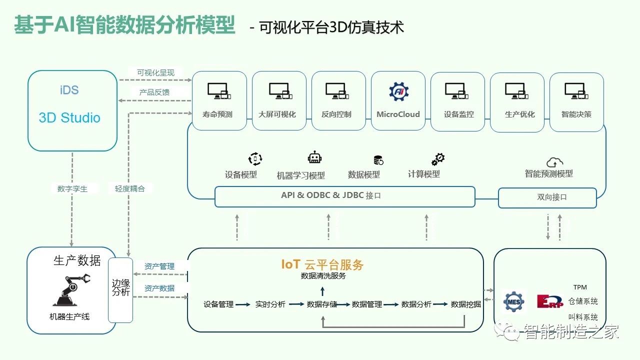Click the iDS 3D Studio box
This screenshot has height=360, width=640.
tap(72, 110)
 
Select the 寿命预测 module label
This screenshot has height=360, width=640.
tap(217, 114)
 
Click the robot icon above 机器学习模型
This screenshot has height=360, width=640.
tap(315, 158)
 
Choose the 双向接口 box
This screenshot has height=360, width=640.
tap(547, 197)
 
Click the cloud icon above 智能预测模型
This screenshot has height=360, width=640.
tap(554, 162)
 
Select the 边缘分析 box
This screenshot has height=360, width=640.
tap(120, 287)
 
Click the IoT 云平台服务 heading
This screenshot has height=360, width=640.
tap(322, 264)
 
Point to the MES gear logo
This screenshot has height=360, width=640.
tap(513, 301)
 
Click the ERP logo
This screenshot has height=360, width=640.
tap(549, 301)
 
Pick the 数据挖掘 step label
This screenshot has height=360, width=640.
tap(465, 304)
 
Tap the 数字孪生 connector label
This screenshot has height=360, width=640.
tap(72, 189)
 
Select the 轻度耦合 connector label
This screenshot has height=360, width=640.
tap(130, 189)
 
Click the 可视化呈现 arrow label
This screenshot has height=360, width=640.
tap(156, 73)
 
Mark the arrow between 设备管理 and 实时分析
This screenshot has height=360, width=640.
tap(242, 304)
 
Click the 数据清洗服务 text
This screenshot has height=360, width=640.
tap(323, 276)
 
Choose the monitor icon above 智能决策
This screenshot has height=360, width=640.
tap(576, 90)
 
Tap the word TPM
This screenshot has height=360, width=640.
tap(580, 287)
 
